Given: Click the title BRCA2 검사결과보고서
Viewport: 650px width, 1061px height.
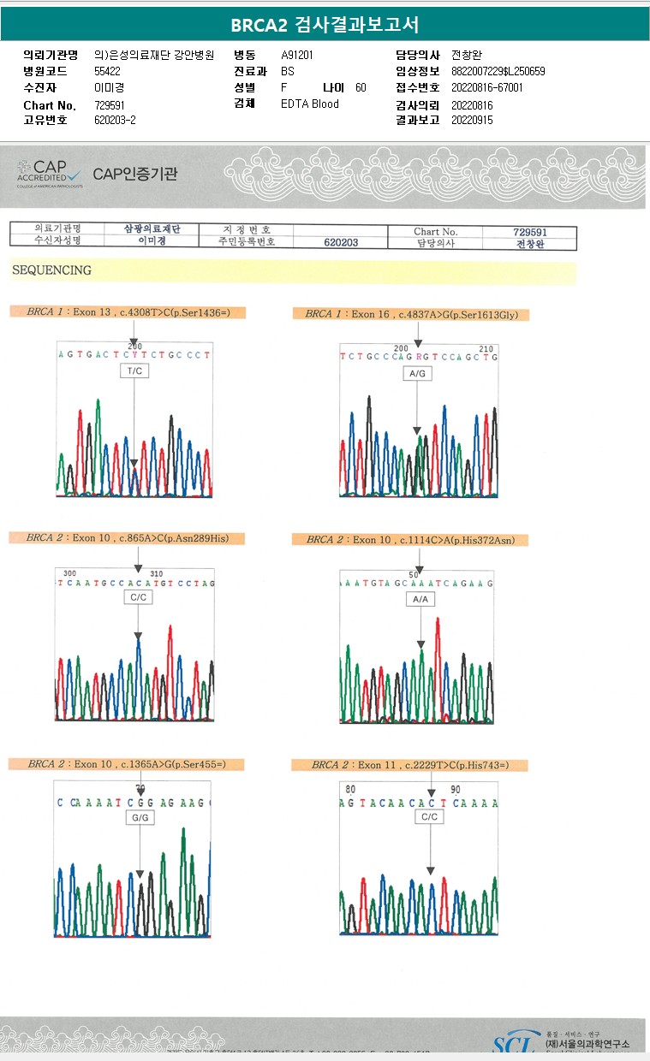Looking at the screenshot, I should pyautogui.click(x=325, y=25).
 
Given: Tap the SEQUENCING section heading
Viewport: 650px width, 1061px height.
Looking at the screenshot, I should pyautogui.click(x=51, y=270).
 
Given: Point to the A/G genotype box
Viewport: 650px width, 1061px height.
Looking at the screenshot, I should pyautogui.click(x=417, y=374).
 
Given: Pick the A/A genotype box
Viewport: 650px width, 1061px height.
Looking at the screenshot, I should pyautogui.click(x=420, y=600).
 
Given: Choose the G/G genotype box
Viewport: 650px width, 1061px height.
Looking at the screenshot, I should pyautogui.click(x=140, y=817).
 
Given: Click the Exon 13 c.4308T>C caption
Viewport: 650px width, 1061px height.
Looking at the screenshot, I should pyautogui.click(x=127, y=312).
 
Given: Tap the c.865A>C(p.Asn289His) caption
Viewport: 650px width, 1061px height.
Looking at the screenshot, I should pyautogui.click(x=127, y=538).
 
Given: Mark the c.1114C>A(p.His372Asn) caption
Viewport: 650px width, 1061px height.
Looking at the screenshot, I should pyautogui.click(x=409, y=540).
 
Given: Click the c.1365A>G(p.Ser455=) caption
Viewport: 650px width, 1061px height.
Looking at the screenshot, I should pyautogui.click(x=126, y=763).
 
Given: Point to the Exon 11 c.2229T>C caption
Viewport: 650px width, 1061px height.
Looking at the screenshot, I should pyautogui.click(x=409, y=765).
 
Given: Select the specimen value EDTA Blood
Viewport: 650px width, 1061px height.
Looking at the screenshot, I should pyautogui.click(x=310, y=104).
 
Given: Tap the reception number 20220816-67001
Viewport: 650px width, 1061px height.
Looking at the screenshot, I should pyautogui.click(x=486, y=87).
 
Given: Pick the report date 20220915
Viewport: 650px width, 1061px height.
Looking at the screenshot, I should pyautogui.click(x=473, y=120).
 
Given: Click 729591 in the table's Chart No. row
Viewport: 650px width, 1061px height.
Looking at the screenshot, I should pyautogui.click(x=529, y=232).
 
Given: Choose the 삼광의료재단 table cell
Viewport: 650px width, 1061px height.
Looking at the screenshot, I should pyautogui.click(x=152, y=229).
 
